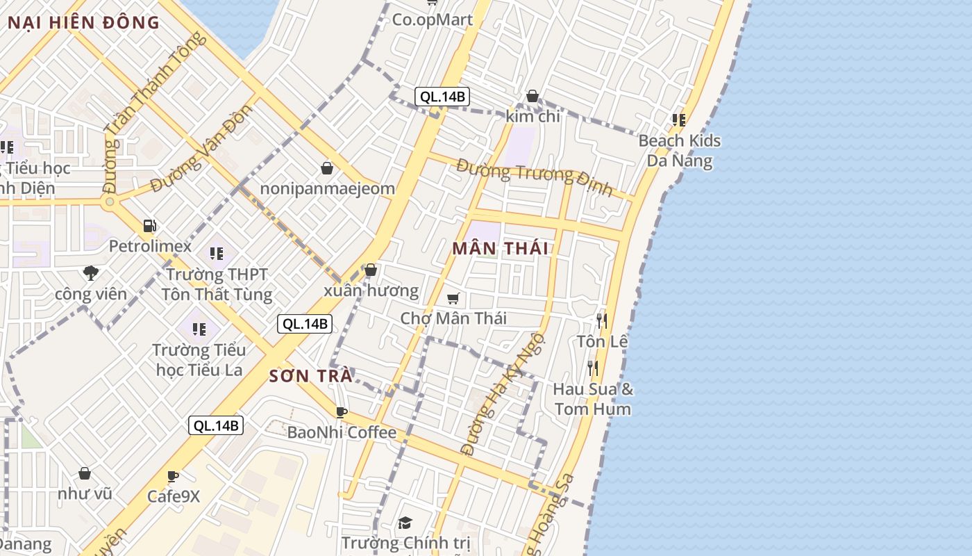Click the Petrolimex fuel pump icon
pyautogui.click(x=149, y=226)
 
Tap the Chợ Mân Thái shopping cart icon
pyautogui.click(x=453, y=299)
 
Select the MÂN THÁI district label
pyautogui.click(x=500, y=249)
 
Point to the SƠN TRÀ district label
pyautogui.click(x=310, y=377)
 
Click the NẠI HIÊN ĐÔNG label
pyautogui.click(x=83, y=22)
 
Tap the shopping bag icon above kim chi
pyautogui.click(x=533, y=96)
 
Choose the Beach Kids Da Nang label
pyautogui.click(x=679, y=151)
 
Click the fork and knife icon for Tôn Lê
pyautogui.click(x=602, y=321)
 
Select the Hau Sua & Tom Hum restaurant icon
pyautogui.click(x=592, y=368)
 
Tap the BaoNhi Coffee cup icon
pyautogui.click(x=341, y=412)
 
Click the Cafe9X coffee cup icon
pyautogui.click(x=173, y=477)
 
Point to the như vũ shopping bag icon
pyautogui.click(x=85, y=474)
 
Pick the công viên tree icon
pyautogui.click(x=90, y=273)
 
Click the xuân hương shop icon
pyautogui.click(x=371, y=270)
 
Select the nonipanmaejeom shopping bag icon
pyautogui.click(x=327, y=168)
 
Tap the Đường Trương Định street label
pyautogui.click(x=535, y=177)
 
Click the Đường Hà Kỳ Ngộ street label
pyautogui.click(x=503, y=395)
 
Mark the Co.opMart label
pyautogui.click(x=433, y=19)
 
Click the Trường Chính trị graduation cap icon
pyautogui.click(x=405, y=523)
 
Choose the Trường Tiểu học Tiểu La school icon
pyautogui.click(x=199, y=329)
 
